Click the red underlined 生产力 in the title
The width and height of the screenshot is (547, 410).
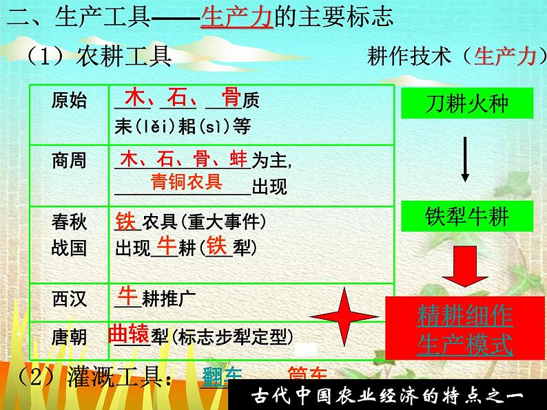pos(237,16)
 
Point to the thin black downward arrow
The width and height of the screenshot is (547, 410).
pos(465,159)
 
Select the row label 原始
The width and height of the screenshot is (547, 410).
pos(70,101)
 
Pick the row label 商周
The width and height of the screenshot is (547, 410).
pos(70,161)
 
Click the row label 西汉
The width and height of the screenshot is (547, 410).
pos(70,299)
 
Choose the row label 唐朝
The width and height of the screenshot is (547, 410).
pos(70,337)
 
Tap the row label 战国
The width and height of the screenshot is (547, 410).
pos(70,246)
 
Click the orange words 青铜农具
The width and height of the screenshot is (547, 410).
pos(187,182)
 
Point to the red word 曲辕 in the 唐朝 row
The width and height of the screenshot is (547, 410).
pos(129,334)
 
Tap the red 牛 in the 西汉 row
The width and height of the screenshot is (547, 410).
pos(128,295)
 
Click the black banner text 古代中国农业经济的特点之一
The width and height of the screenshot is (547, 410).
pos(388,396)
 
